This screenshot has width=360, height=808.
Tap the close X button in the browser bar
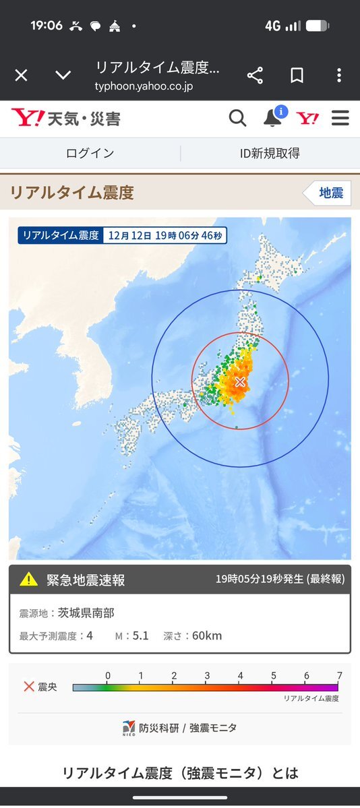click(x=21, y=75)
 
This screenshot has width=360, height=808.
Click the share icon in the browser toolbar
click(x=255, y=75)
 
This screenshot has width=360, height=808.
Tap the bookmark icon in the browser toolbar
click(x=297, y=75)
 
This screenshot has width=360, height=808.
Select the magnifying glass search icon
click(x=237, y=119)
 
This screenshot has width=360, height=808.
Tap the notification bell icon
click(x=272, y=118)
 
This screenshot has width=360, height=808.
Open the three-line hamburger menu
click(x=340, y=119)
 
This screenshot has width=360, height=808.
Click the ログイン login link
click(x=90, y=153)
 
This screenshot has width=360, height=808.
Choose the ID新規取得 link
click(x=270, y=153)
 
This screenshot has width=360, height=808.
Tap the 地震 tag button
click(x=330, y=193)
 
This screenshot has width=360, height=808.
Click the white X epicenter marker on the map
click(x=239, y=382)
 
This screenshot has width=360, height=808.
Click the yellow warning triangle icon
click(x=29, y=579)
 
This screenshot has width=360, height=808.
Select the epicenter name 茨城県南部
click(x=86, y=614)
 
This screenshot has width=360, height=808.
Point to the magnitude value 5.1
click(x=141, y=635)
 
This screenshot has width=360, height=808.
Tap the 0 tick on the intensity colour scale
click(x=108, y=676)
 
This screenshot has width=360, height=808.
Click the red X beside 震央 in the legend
click(x=29, y=687)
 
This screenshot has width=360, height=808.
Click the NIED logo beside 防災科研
click(x=129, y=728)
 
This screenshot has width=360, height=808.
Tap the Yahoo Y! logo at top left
click(x=28, y=119)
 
